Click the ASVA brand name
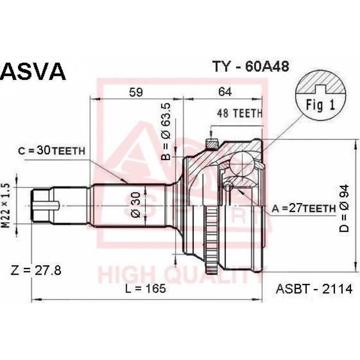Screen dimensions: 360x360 pos(33,71)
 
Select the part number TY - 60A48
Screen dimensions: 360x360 pos(251,67)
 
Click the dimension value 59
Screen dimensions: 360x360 pos(136,92)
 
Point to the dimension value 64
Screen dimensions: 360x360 pos(225,92)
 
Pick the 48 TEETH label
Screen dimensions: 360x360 pos(239,113)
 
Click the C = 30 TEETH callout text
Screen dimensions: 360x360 pos(51,150)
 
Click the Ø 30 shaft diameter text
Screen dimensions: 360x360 pos(135,205)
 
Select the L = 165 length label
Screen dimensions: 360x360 pos(145,288)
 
